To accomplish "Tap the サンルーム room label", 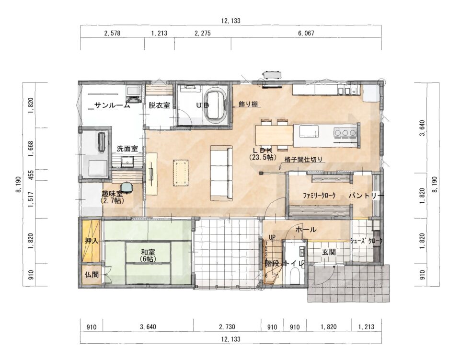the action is [x=112, y=105].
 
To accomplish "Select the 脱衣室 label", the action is [x=159, y=105].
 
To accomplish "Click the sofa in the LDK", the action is [x=221, y=174].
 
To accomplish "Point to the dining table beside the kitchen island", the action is [x=274, y=135].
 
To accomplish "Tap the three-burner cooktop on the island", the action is [x=345, y=133].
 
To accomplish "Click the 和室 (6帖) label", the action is [x=148, y=255].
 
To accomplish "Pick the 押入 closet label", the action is [x=91, y=241].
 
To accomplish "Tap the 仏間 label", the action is [x=92, y=275].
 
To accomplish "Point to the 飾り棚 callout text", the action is [x=248, y=104].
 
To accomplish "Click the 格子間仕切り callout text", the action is [x=304, y=159].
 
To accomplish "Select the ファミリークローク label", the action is [x=319, y=196].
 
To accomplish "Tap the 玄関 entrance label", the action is [x=329, y=252].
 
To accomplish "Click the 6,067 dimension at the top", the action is [x=306, y=33].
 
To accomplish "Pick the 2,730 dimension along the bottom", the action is [x=227, y=327].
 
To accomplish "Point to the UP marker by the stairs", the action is [x=272, y=237].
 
